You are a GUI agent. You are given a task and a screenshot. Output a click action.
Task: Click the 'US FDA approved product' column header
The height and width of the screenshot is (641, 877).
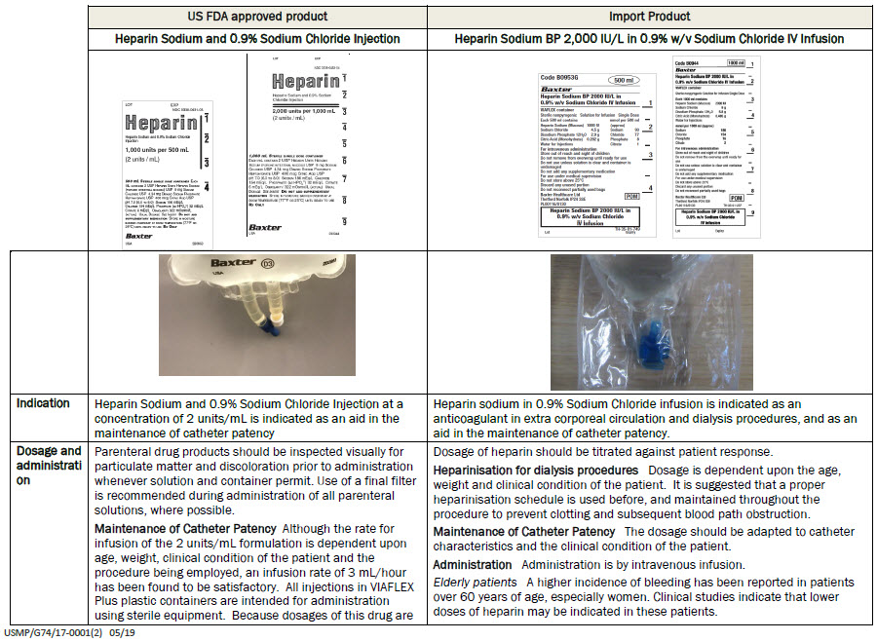tap(257, 17)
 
